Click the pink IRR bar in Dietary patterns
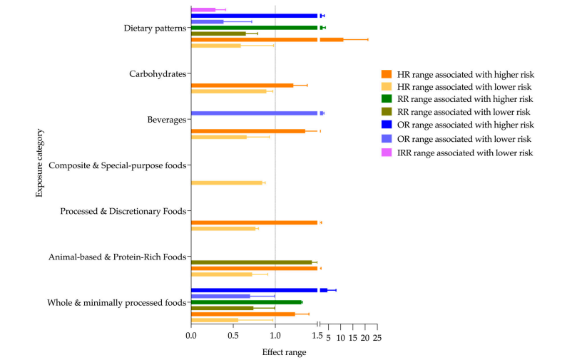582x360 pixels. [203, 9]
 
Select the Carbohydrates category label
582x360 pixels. [157, 74]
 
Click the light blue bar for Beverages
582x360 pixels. [254, 113]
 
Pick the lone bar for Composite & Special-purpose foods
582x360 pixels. [227, 183]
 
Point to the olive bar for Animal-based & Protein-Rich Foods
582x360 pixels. [251, 262]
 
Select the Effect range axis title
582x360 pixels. [284, 351]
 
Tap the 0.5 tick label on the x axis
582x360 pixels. [233, 337]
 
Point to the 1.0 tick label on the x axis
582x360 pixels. [275, 337]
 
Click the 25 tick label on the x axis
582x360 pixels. [377, 337]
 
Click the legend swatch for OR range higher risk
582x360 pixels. [387, 126]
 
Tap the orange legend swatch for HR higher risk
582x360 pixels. [387, 74]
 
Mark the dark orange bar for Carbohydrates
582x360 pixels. [242, 86]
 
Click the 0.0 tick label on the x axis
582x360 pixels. [191, 337]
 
